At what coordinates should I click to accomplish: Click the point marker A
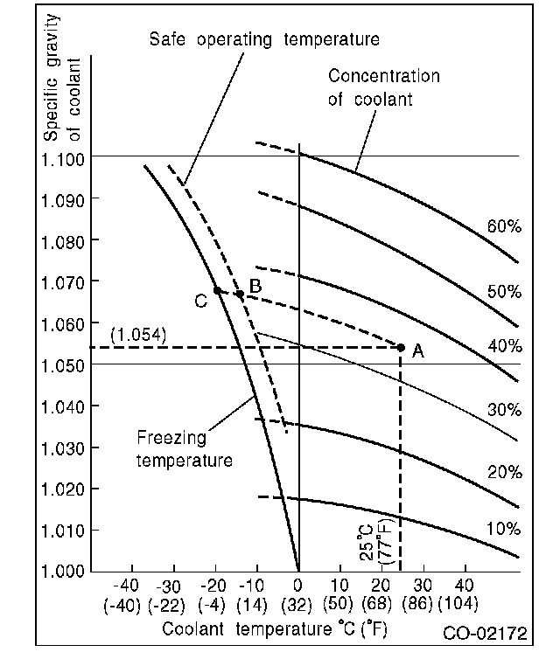(x=401, y=347)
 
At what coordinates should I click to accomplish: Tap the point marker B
(x=240, y=295)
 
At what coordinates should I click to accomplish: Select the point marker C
(x=217, y=290)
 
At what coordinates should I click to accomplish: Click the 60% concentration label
(x=504, y=227)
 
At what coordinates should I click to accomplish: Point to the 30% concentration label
(x=504, y=409)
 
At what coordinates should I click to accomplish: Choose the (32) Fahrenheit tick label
(x=298, y=603)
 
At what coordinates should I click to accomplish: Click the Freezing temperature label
(x=185, y=447)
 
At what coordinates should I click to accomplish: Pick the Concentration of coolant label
(x=384, y=87)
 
